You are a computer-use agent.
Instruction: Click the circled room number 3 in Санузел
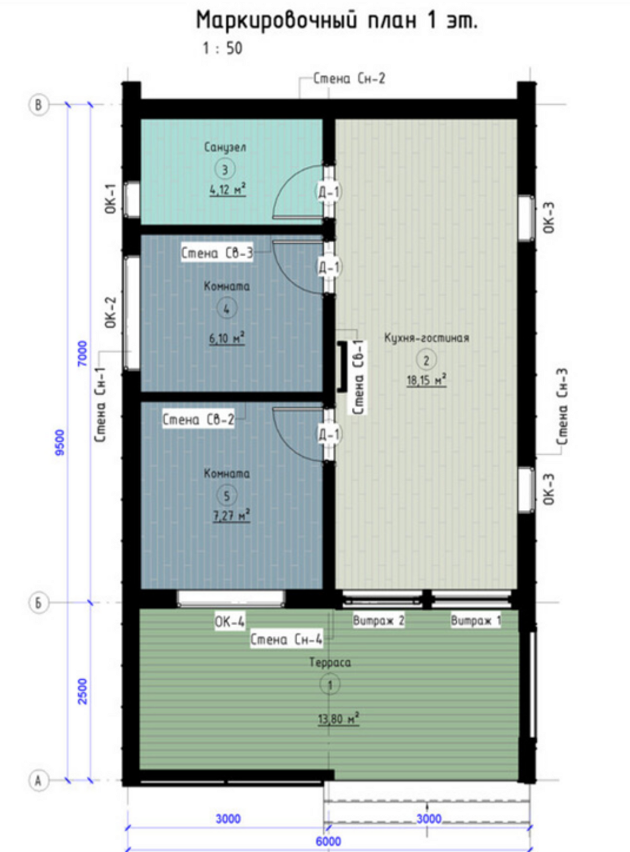coord(225,169)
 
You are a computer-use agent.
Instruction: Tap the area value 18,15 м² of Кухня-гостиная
coord(427,380)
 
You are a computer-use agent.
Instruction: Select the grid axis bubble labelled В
coord(39,105)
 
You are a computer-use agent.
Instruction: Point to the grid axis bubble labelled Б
coord(39,603)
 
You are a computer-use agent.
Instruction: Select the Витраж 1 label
coord(476,621)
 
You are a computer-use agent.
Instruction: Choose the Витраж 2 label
coord(378,621)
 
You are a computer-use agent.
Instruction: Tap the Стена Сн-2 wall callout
coord(349,78)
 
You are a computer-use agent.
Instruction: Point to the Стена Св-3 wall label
coord(216,253)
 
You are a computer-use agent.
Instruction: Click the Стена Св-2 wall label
coord(198,420)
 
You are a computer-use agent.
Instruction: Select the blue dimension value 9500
coord(60,442)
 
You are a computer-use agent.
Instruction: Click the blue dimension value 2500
coord(82,691)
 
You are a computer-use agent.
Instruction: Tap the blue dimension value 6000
coord(329,841)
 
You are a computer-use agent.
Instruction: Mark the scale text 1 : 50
coord(223,48)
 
